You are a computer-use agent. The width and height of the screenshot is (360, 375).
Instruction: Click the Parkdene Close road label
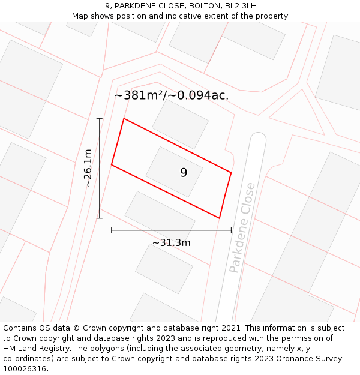pos(242,228)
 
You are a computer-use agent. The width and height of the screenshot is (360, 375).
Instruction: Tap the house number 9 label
pos(184,173)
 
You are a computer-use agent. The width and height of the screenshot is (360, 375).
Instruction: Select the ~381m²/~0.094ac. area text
pos(171,95)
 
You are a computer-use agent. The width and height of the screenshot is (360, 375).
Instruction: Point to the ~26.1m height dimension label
pos(88,168)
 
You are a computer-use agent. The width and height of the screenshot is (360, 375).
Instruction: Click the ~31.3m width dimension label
pos(171,242)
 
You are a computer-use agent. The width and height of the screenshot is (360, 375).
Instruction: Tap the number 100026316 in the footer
pos(24,368)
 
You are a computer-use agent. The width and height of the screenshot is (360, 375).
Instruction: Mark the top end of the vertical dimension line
pos(100,118)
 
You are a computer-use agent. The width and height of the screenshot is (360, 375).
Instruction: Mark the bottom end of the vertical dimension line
pos(100,218)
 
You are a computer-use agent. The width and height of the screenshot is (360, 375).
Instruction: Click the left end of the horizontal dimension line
pos(112,230)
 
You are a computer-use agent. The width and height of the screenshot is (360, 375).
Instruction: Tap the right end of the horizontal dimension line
pos(231,230)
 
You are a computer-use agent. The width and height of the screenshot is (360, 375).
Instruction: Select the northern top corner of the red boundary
pos(124,118)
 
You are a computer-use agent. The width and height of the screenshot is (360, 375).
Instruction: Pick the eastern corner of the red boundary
pos(231,173)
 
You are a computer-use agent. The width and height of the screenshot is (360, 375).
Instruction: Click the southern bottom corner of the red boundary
pos(219,218)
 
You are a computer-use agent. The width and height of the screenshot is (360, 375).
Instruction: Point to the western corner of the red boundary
pos(112,164)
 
